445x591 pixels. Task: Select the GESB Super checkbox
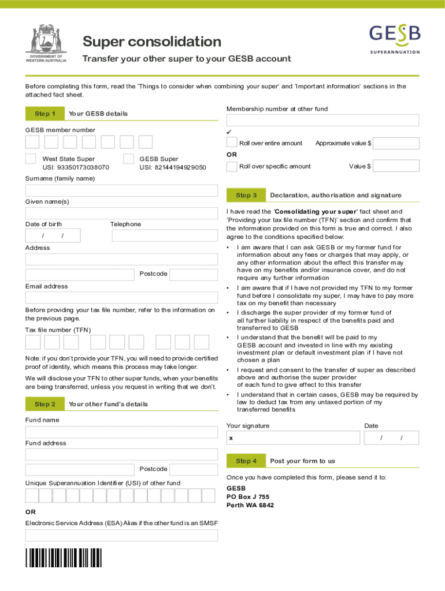click(129, 159)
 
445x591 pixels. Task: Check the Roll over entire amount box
click(232, 143)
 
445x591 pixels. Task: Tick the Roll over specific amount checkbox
click(232, 166)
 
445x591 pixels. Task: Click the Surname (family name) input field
click(121, 190)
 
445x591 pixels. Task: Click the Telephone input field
click(165, 235)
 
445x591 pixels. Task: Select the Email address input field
click(121, 298)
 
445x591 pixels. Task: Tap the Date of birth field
click(53, 235)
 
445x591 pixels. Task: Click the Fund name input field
click(121, 432)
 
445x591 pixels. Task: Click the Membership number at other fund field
click(322, 121)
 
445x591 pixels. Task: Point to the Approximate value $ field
click(396, 143)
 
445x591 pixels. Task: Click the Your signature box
click(292, 439)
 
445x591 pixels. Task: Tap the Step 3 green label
click(246, 195)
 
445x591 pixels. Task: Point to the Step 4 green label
click(246, 461)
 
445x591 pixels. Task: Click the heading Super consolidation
click(151, 42)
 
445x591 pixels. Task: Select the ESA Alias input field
click(121, 535)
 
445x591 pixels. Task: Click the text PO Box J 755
click(247, 496)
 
